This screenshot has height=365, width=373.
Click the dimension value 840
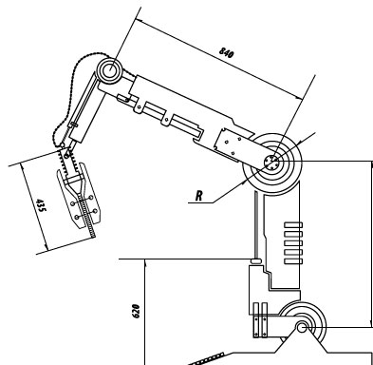point(227,52)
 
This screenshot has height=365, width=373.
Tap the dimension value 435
point(41,205)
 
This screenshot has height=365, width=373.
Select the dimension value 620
point(135,311)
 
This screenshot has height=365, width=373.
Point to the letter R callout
point(198,196)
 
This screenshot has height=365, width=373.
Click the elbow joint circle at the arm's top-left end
point(109,70)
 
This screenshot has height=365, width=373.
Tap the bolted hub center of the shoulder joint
point(271,163)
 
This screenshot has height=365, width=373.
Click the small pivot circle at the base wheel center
point(302,327)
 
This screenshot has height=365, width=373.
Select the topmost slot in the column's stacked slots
point(293,225)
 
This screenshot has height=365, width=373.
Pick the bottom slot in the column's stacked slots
point(293,261)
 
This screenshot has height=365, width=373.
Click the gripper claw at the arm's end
point(79,198)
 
